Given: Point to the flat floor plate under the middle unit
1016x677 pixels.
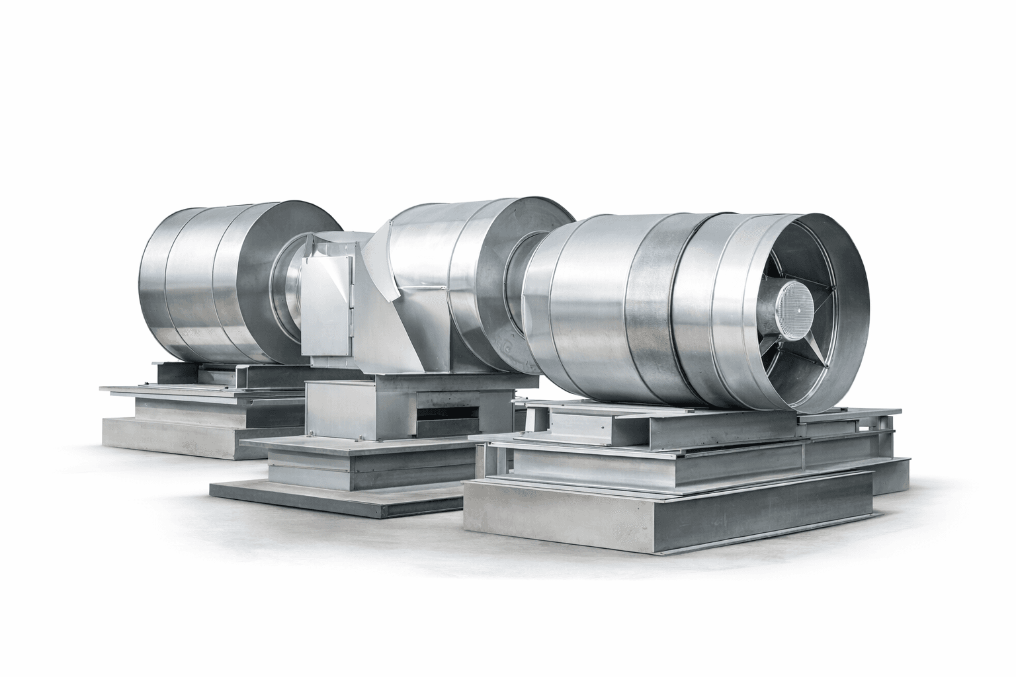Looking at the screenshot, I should (331, 499).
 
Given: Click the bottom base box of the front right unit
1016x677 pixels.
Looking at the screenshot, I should (668, 512).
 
